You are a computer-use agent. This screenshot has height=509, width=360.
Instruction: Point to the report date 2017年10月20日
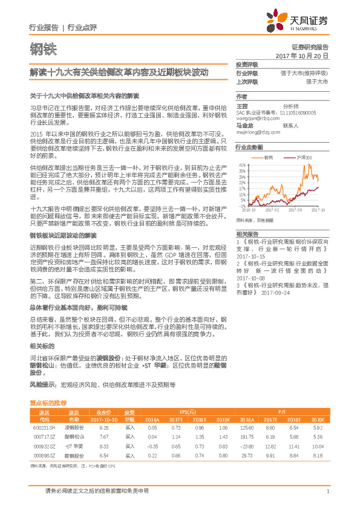pyautogui.click(x=302, y=55)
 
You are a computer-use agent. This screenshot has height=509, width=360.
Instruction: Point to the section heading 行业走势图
pyautogui.click(x=249, y=147)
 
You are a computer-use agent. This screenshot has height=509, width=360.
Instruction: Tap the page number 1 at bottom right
pyautogui.click(x=327, y=491)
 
